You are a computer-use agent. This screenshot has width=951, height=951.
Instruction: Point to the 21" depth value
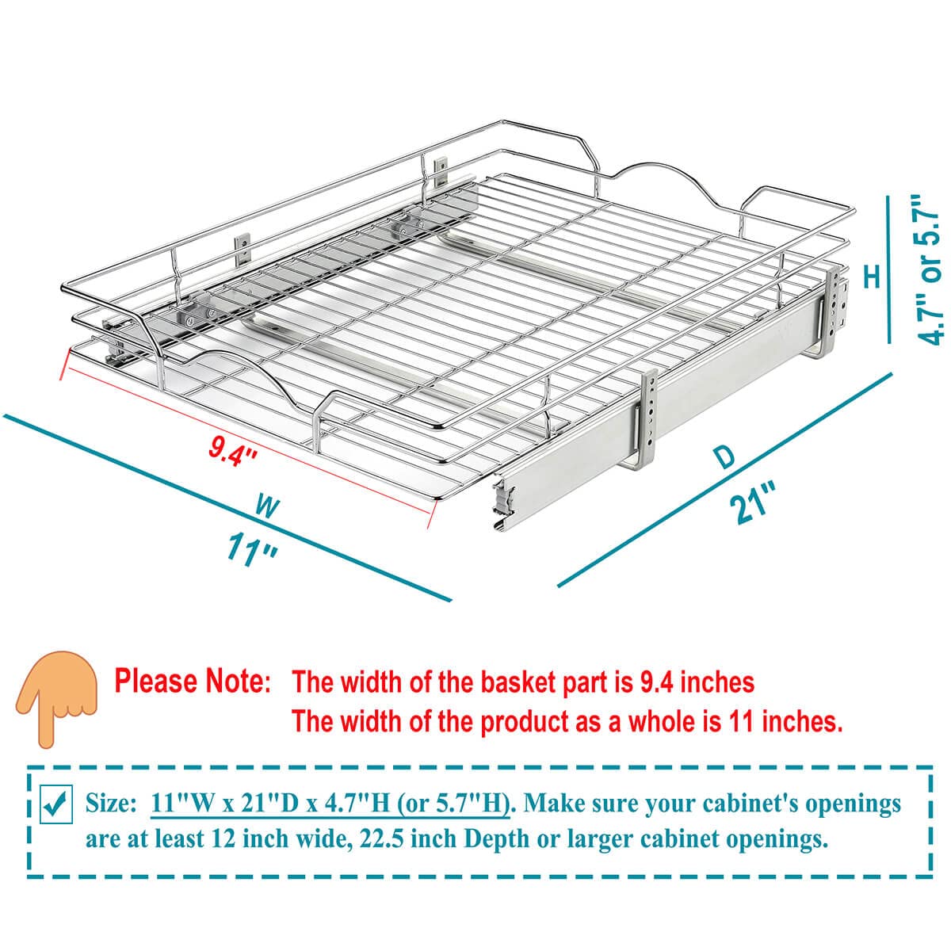(x=753, y=503)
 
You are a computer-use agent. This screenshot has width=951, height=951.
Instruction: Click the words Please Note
(x=193, y=681)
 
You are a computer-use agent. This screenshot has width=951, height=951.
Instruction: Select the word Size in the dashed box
(x=110, y=804)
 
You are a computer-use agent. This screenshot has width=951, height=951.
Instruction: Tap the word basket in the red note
(x=518, y=682)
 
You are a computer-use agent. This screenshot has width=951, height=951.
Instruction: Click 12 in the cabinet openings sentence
(x=223, y=839)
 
